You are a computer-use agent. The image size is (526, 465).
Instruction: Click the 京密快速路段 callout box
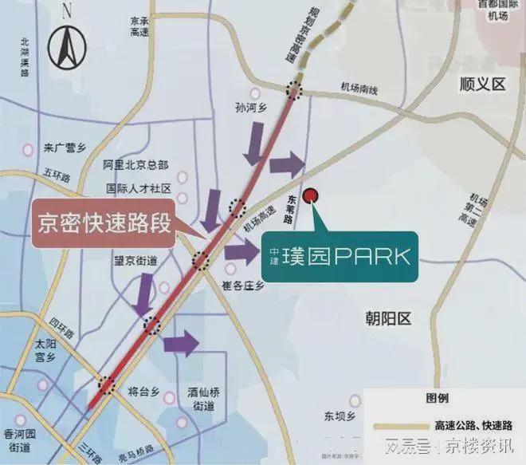point(105,223)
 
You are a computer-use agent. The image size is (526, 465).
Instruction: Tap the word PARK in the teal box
point(372,257)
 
